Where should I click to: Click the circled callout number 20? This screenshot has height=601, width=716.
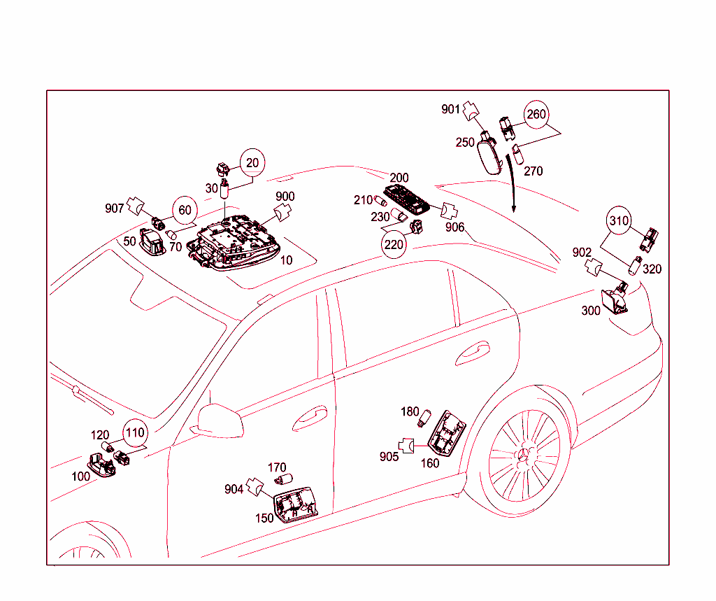(252, 162)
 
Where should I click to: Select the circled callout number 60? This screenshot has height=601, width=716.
(185, 210)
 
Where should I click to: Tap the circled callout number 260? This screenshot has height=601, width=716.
(536, 114)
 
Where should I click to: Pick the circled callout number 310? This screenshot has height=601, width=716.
(619, 220)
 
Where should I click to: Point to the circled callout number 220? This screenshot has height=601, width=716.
(394, 244)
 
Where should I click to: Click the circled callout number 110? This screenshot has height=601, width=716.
(135, 432)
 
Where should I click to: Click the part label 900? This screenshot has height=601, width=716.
(285, 196)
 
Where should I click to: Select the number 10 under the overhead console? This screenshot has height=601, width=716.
(286, 260)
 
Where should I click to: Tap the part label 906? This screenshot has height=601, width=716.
(454, 227)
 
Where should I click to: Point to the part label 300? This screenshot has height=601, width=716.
(590, 311)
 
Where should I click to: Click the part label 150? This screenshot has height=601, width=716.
(264, 518)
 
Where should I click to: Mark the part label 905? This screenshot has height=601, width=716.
(389, 457)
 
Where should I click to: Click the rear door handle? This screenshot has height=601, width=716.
(473, 353)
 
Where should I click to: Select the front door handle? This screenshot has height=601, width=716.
(310, 418)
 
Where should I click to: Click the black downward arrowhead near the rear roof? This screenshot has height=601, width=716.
(514, 208)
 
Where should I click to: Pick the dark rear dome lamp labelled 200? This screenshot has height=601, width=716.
(406, 199)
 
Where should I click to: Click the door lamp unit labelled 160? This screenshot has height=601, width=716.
(447, 433)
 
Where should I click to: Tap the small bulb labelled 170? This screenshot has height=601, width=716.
(284, 479)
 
